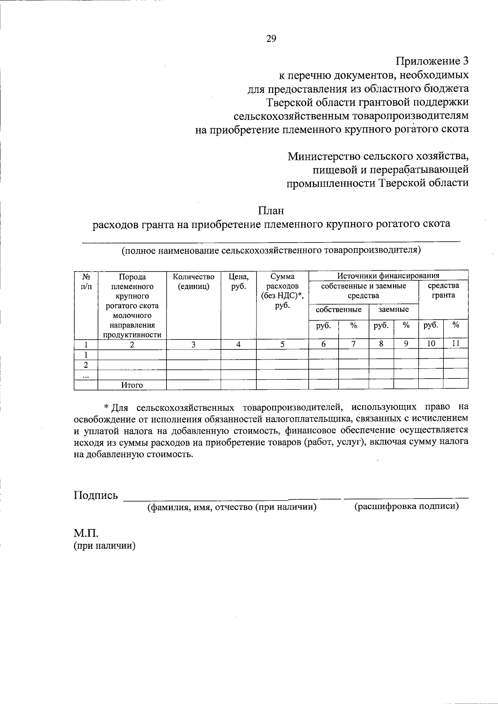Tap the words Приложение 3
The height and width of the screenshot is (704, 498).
point(432,61)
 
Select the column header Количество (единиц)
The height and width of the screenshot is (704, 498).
point(193,281)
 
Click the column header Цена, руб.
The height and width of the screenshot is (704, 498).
point(238,281)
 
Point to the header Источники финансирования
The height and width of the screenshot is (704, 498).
point(388,275)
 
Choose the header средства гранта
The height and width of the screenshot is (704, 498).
point(443,290)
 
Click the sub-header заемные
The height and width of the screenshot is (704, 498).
point(393,309)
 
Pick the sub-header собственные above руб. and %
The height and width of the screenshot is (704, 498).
point(339,309)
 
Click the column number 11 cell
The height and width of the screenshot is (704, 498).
point(455,343)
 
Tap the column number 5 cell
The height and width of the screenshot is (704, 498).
point(282,344)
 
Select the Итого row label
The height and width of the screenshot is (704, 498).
point(132,385)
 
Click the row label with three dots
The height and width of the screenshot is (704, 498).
point(85,375)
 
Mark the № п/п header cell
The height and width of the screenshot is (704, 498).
point(85,281)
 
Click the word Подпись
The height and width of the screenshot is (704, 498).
point(96,495)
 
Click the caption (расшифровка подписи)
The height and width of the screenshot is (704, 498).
point(406,506)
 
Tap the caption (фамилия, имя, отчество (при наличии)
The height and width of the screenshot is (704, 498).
point(232,507)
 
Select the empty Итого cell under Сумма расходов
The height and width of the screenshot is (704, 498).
point(282,385)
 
